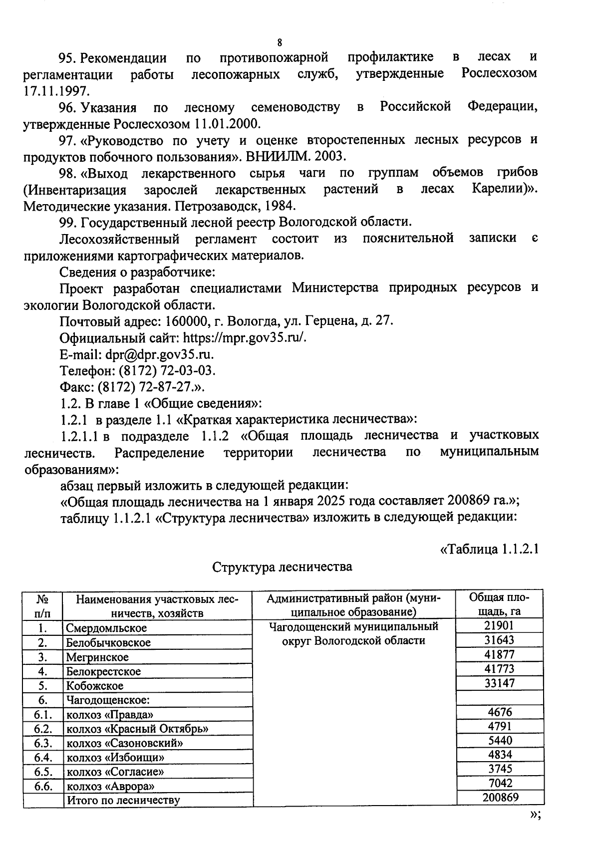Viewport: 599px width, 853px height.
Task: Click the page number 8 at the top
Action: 280,42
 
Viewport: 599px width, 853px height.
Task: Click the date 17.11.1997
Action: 57,90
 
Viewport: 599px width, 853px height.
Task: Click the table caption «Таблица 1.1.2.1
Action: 488,549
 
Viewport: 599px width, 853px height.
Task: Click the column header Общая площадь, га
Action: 499,604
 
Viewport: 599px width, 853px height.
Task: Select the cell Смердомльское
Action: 107,628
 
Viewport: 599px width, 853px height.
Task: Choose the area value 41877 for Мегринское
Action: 499,654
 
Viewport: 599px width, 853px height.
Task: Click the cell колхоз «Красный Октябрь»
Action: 137,729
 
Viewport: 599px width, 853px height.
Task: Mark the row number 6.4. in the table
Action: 43,757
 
